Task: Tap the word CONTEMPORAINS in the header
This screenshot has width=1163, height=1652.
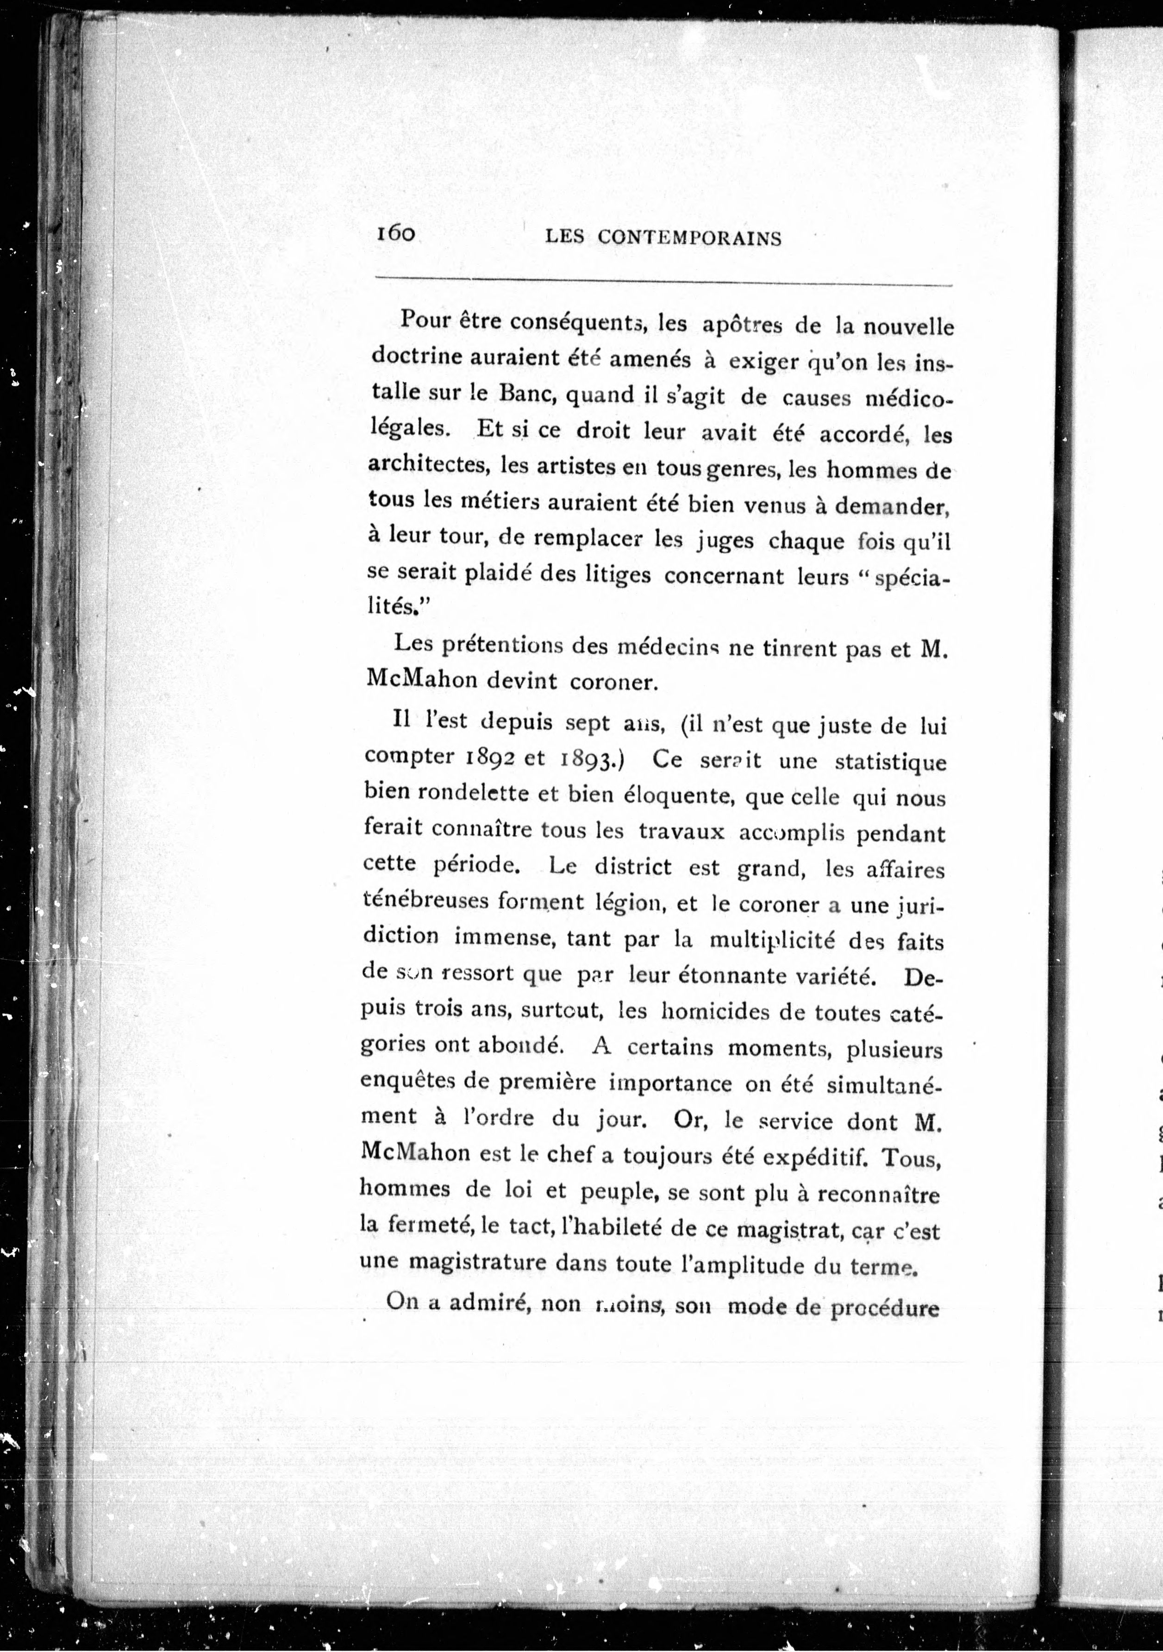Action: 689,238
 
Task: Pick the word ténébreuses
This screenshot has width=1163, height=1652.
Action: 425,901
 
